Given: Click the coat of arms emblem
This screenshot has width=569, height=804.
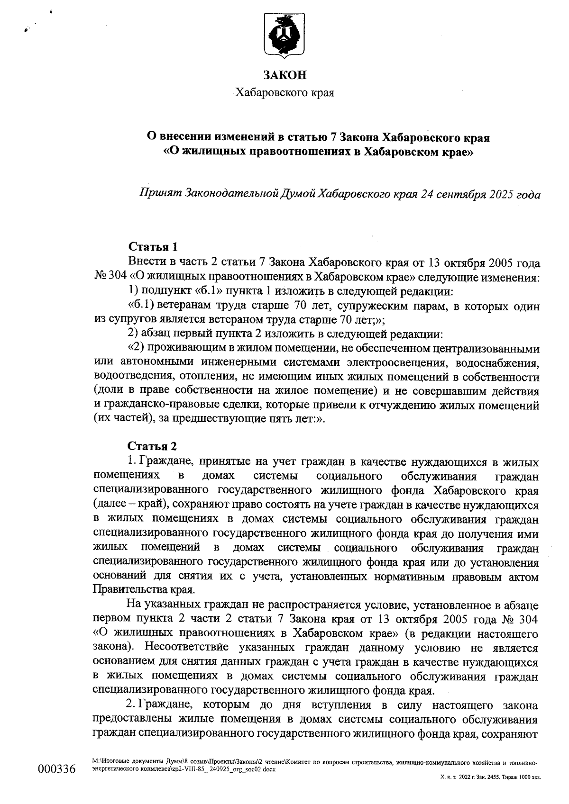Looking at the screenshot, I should [x=285, y=36].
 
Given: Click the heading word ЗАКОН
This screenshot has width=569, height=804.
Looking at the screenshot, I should [x=285, y=75].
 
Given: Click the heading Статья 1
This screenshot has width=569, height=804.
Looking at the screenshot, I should [x=153, y=247].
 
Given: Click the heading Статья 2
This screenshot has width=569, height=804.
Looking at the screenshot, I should [x=153, y=447].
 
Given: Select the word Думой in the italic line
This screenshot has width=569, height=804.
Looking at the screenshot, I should [x=297, y=194].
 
